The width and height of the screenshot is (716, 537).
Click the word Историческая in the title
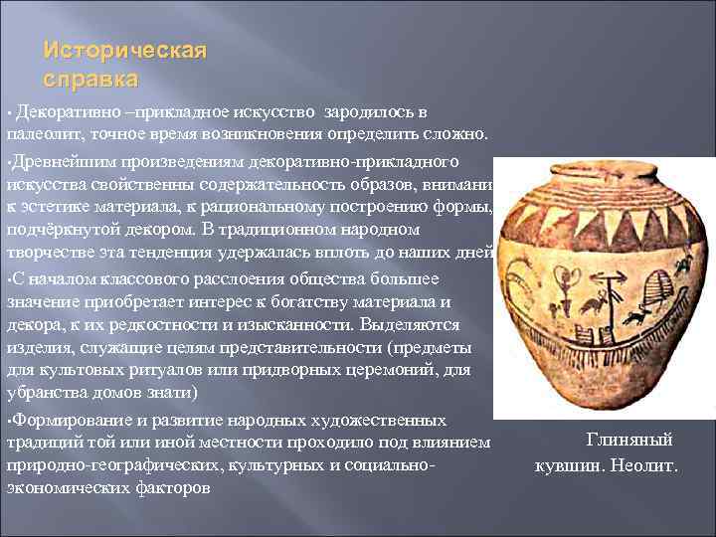[125, 51]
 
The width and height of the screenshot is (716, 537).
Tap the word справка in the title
[91, 78]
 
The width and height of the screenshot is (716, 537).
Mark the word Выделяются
[409, 324]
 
